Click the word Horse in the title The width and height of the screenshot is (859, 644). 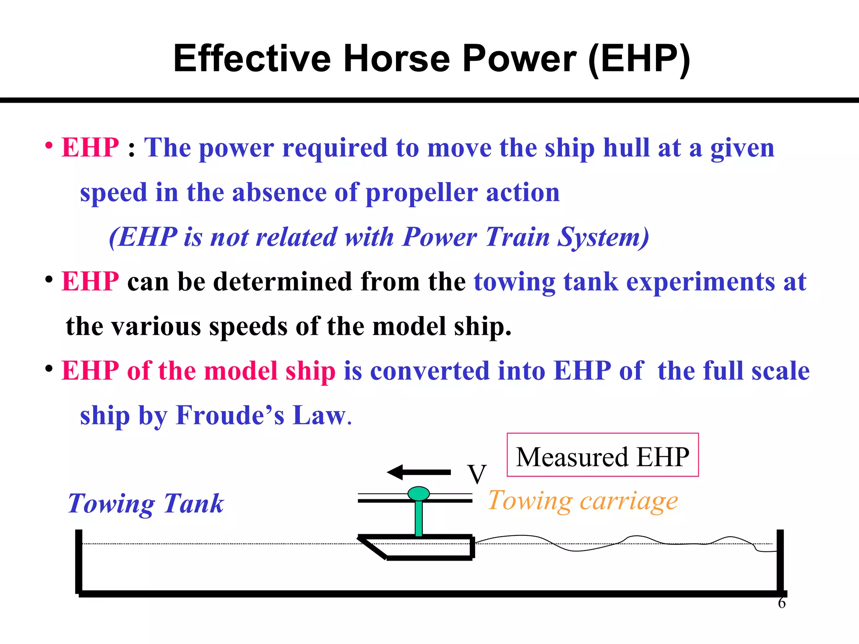pyautogui.click(x=397, y=59)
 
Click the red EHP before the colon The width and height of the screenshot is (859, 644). pyautogui.click(x=90, y=148)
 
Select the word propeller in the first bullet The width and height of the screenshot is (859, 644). pyautogui.click(x=421, y=193)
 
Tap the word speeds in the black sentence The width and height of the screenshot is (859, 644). pyautogui.click(x=247, y=327)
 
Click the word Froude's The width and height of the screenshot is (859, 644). pyautogui.click(x=229, y=415)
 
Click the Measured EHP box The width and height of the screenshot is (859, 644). pyautogui.click(x=602, y=455)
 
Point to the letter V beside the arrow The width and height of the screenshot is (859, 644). pyautogui.click(x=477, y=474)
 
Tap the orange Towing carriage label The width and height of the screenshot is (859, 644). pyautogui.click(x=583, y=501)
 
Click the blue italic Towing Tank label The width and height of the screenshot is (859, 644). pyautogui.click(x=146, y=504)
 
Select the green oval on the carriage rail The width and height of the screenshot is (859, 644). pyautogui.click(x=419, y=493)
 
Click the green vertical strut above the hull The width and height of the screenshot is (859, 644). pyautogui.click(x=419, y=518)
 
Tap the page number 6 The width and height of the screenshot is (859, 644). pyautogui.click(x=781, y=603)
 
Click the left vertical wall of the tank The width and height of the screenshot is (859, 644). pyautogui.click(x=78, y=562)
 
